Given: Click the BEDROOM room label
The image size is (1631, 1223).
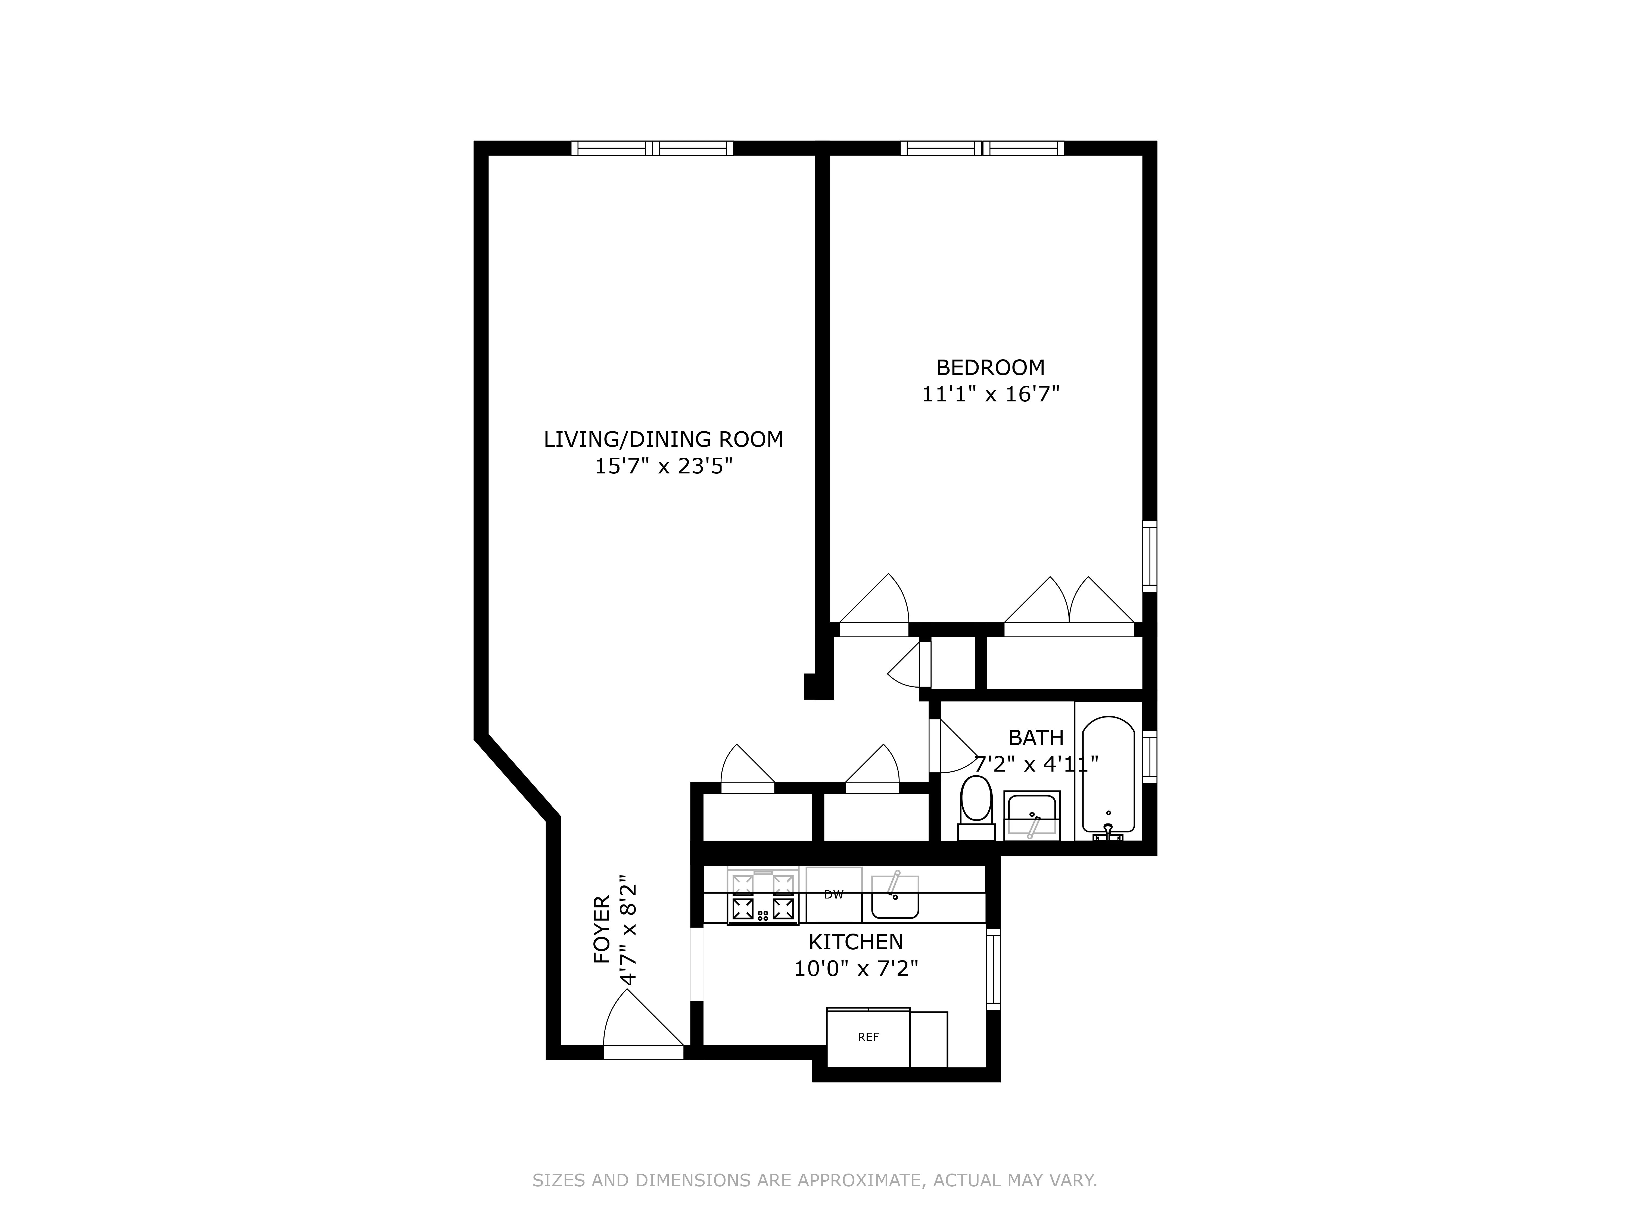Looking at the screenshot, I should (x=990, y=367).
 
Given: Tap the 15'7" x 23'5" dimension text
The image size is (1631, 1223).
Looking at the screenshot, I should (x=664, y=467).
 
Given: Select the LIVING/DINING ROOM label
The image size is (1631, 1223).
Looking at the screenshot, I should (x=663, y=439).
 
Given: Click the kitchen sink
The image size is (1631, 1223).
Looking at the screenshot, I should (x=894, y=896).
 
